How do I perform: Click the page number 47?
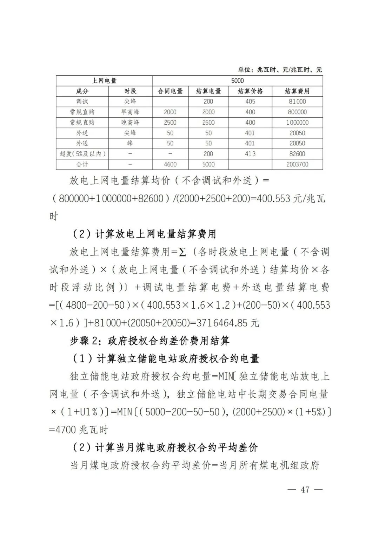pos(305,489)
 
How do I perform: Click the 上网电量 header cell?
pos(104,81)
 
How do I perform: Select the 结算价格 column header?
pos(250,91)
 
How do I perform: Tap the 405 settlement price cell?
pos(250,102)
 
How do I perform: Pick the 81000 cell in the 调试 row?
pos(297,102)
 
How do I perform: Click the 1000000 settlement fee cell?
pos(297,123)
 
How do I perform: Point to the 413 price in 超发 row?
pos(250,154)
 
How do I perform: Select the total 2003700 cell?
pos(297,164)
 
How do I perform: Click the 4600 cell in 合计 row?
pos(170,164)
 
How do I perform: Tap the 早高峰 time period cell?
pos(130,112)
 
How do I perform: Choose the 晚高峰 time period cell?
pos(130,123)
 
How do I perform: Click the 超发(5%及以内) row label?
pos(82,154)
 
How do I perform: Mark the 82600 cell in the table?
pos(297,154)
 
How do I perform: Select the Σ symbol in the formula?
pos(182,252)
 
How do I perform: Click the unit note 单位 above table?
pos(280,70)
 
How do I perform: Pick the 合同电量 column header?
pos(170,91)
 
